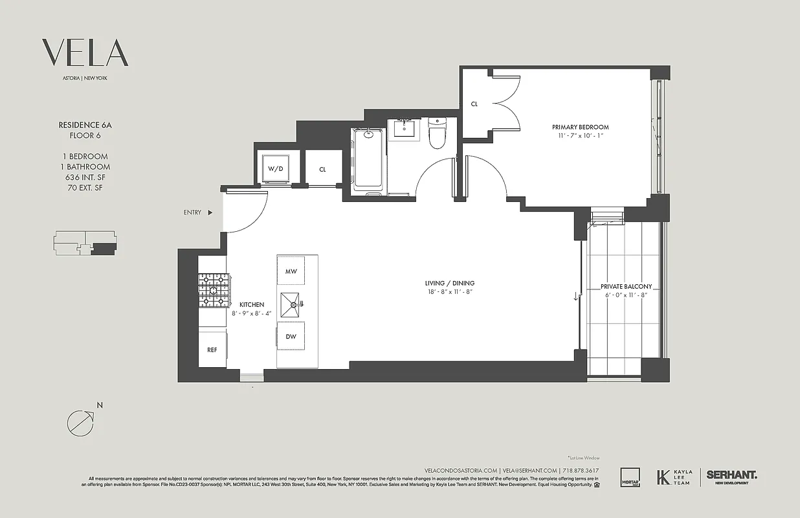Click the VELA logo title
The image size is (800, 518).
85,52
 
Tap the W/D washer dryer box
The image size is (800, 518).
276,168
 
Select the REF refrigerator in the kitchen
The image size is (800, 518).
212,350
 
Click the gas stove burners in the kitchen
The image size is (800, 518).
214,289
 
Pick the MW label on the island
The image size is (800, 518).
291,271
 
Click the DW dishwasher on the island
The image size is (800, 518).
291,336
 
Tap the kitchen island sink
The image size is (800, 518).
293,304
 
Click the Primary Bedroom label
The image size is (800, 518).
580,127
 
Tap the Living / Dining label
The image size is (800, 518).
449,283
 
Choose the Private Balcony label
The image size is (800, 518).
625,286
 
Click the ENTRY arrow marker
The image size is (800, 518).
210,212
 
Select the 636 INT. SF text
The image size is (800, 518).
85,177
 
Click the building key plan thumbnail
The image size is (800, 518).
85,243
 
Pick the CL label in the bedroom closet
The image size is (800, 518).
474,104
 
